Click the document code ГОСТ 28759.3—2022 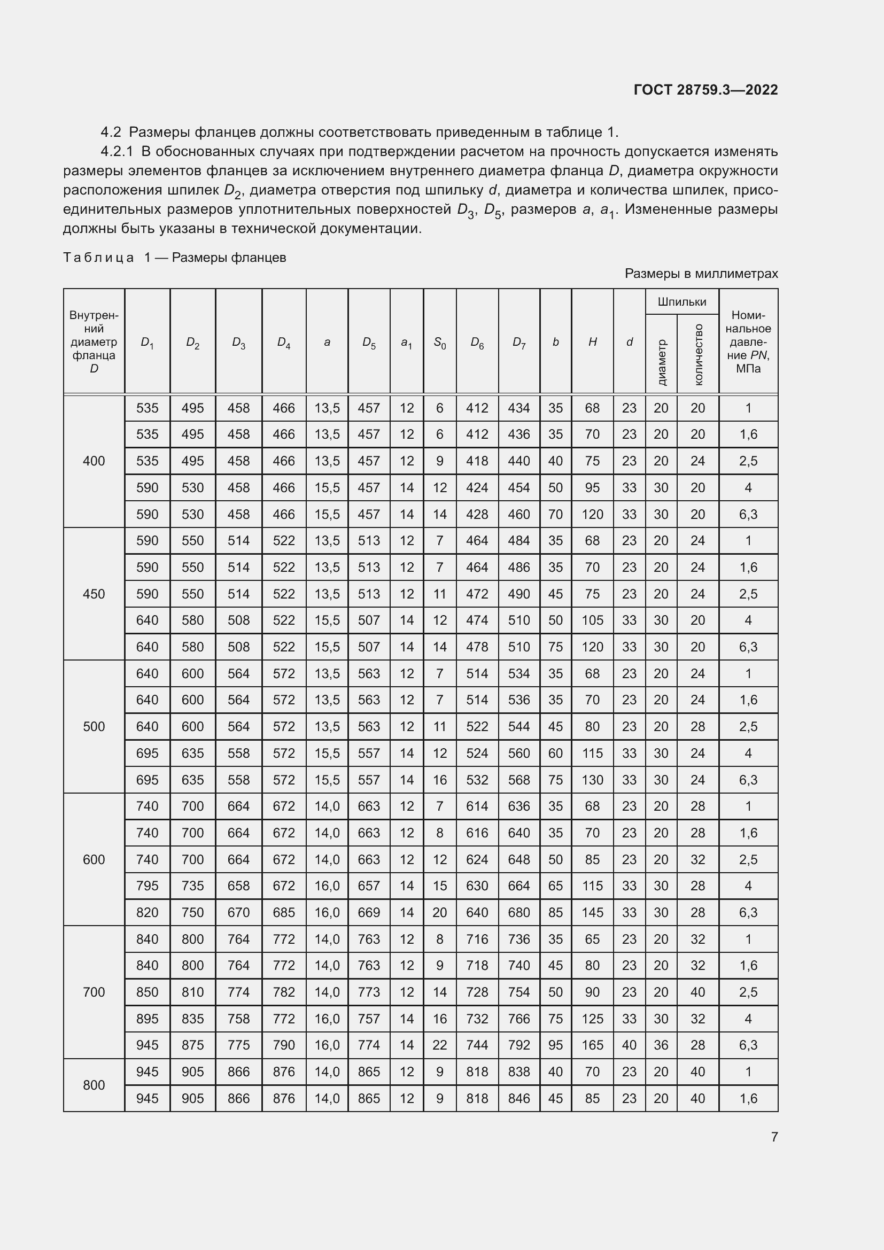[705, 90]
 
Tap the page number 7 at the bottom [774, 1137]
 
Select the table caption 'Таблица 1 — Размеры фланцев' [175, 258]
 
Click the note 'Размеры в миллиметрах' [701, 273]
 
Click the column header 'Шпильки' [681, 301]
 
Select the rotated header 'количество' [699, 354]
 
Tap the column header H [592, 342]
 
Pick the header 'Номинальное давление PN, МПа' [748, 342]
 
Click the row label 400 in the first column [94, 461]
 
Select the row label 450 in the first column [94, 594]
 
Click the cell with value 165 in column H [592, 1045]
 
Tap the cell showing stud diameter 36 [661, 1045]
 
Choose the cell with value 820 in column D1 [147, 912]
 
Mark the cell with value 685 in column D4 [284, 912]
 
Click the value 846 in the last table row [519, 1098]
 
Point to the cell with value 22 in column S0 [439, 1045]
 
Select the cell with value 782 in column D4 [284, 991]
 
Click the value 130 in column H [592, 780]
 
